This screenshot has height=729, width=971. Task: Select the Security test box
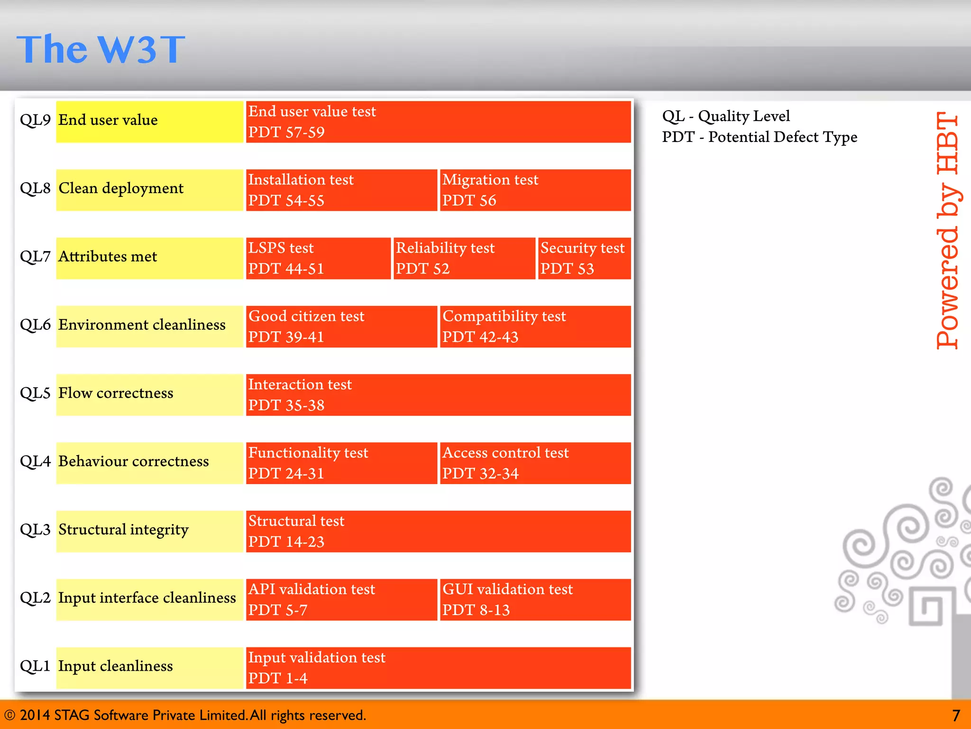click(584, 258)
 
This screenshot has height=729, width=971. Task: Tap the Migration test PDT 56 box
click(535, 190)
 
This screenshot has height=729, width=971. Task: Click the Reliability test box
click(464, 258)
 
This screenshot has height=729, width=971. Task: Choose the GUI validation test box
click(535, 599)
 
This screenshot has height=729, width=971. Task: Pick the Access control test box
click(535, 463)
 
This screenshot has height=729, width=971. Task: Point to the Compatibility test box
click(535, 327)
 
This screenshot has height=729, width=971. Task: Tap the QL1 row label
click(35, 666)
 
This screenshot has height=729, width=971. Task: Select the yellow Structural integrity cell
click(149, 531)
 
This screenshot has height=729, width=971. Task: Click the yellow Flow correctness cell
click(149, 394)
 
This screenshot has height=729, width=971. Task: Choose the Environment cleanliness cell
click(149, 327)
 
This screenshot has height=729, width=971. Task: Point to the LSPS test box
click(318, 258)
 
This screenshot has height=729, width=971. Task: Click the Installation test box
click(341, 190)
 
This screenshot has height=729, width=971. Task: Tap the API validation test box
click(341, 599)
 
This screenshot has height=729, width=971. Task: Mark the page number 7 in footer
click(956, 715)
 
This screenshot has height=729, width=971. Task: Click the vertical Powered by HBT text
click(947, 231)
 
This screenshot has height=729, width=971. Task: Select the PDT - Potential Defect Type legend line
click(760, 137)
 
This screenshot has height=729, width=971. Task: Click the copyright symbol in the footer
click(9, 715)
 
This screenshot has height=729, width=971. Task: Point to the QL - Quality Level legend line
click(726, 116)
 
